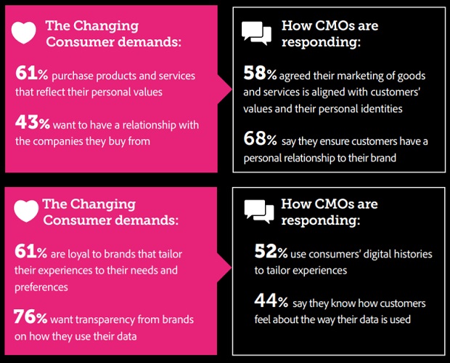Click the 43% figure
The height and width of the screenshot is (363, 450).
pos(33,122)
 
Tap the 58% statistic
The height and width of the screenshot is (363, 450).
pos(260,73)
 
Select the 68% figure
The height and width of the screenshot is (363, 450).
pos(260,139)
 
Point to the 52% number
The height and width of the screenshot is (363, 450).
pos(271,252)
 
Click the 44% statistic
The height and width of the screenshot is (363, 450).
pos(271,300)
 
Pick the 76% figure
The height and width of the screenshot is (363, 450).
pos(30,317)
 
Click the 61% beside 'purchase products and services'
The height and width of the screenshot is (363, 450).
pos(31,73)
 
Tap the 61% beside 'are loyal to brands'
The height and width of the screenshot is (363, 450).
pos(30,252)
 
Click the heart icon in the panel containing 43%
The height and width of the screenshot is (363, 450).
pos(24,33)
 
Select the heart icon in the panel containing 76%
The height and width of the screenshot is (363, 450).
pos(26,211)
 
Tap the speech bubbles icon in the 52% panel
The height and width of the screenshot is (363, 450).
pos(259,212)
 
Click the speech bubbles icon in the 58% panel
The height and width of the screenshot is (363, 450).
pos(256,33)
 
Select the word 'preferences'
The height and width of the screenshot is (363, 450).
pos(41,287)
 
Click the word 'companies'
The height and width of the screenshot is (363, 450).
pos(67,142)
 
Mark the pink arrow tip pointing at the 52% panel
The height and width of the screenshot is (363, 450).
pos(232,268)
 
